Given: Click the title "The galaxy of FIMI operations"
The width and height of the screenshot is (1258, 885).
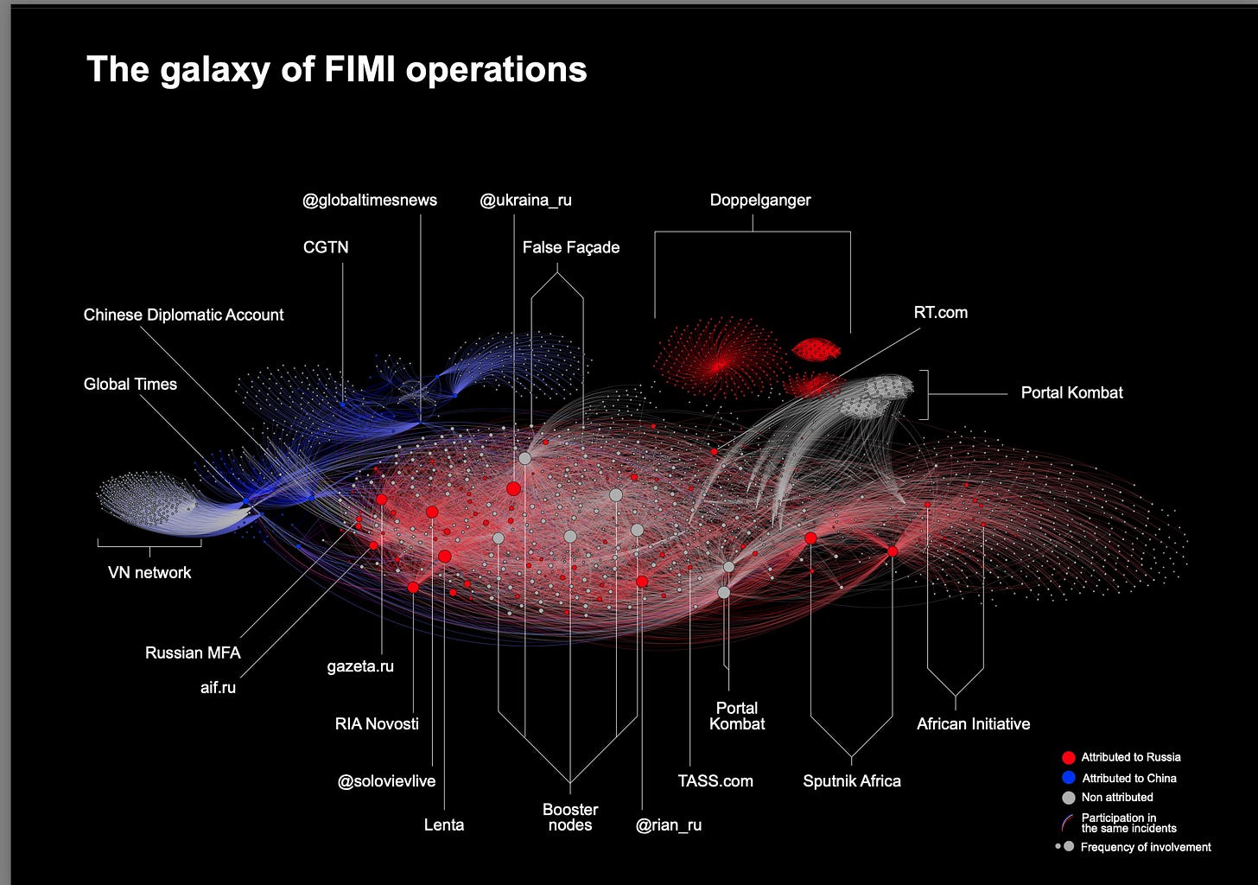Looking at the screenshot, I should pos(336,70).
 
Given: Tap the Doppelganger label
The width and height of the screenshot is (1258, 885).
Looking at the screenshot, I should pos(760,201).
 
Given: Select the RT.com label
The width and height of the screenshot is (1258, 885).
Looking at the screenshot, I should pos(940,313).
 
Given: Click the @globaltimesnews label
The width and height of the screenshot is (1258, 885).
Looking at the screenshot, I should pos(370,201).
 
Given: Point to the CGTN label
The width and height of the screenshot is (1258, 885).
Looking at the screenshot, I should pos(326,247).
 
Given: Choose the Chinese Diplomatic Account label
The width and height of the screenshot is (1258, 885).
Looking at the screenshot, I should pos(183,315).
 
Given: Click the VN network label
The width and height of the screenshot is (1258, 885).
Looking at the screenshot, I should pos(149,572).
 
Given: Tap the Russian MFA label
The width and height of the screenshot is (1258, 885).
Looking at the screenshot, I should pos(193,653).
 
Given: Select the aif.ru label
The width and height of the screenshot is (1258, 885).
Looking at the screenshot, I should pos(218,688).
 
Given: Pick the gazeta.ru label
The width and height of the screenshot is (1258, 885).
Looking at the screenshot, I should pos(360,666).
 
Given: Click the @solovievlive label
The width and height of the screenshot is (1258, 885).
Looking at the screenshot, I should pos(386,781).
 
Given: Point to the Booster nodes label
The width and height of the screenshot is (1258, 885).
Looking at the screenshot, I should pos(570,817).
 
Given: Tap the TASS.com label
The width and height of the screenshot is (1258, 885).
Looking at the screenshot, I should pos(715,781).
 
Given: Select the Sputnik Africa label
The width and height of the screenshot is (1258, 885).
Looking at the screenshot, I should pos(852,781).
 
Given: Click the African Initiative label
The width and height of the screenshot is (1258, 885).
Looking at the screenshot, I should pos(973,724).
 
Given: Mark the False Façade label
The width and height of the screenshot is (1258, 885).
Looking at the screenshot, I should pos(571,247).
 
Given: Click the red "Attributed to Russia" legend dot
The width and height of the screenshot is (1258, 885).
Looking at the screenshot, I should pos(1069,757).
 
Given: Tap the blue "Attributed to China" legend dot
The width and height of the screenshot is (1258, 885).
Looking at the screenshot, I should pos(1069,778).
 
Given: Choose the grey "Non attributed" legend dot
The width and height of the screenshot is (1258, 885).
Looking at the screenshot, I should pos(1069,798).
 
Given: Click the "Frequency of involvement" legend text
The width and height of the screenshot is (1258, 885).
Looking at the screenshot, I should pos(1146,847).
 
